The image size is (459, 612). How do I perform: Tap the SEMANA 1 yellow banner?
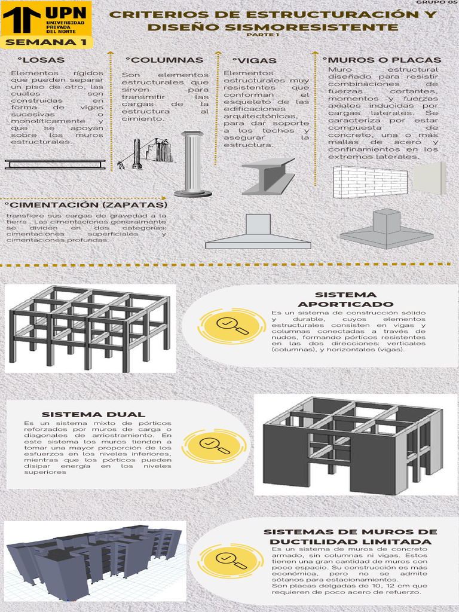pos(45,42)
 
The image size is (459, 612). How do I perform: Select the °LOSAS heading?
pos(41,60)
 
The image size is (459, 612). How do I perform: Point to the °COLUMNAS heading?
pos(164,60)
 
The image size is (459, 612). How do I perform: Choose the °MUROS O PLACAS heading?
pos(382,60)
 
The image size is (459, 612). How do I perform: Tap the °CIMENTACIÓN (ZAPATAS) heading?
pos(86,205)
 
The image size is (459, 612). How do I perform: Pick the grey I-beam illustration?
pos(268,176)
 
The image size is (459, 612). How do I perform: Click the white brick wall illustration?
pos(370,182)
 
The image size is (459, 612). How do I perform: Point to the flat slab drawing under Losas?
pos(55,164)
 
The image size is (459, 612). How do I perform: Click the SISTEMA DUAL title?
pos(93,414)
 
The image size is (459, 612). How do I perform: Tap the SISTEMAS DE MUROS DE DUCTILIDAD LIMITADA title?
pos(350,537)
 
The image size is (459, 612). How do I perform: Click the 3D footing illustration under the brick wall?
pos(386,229)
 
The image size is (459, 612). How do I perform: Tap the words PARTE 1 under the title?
pos(263,35)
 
